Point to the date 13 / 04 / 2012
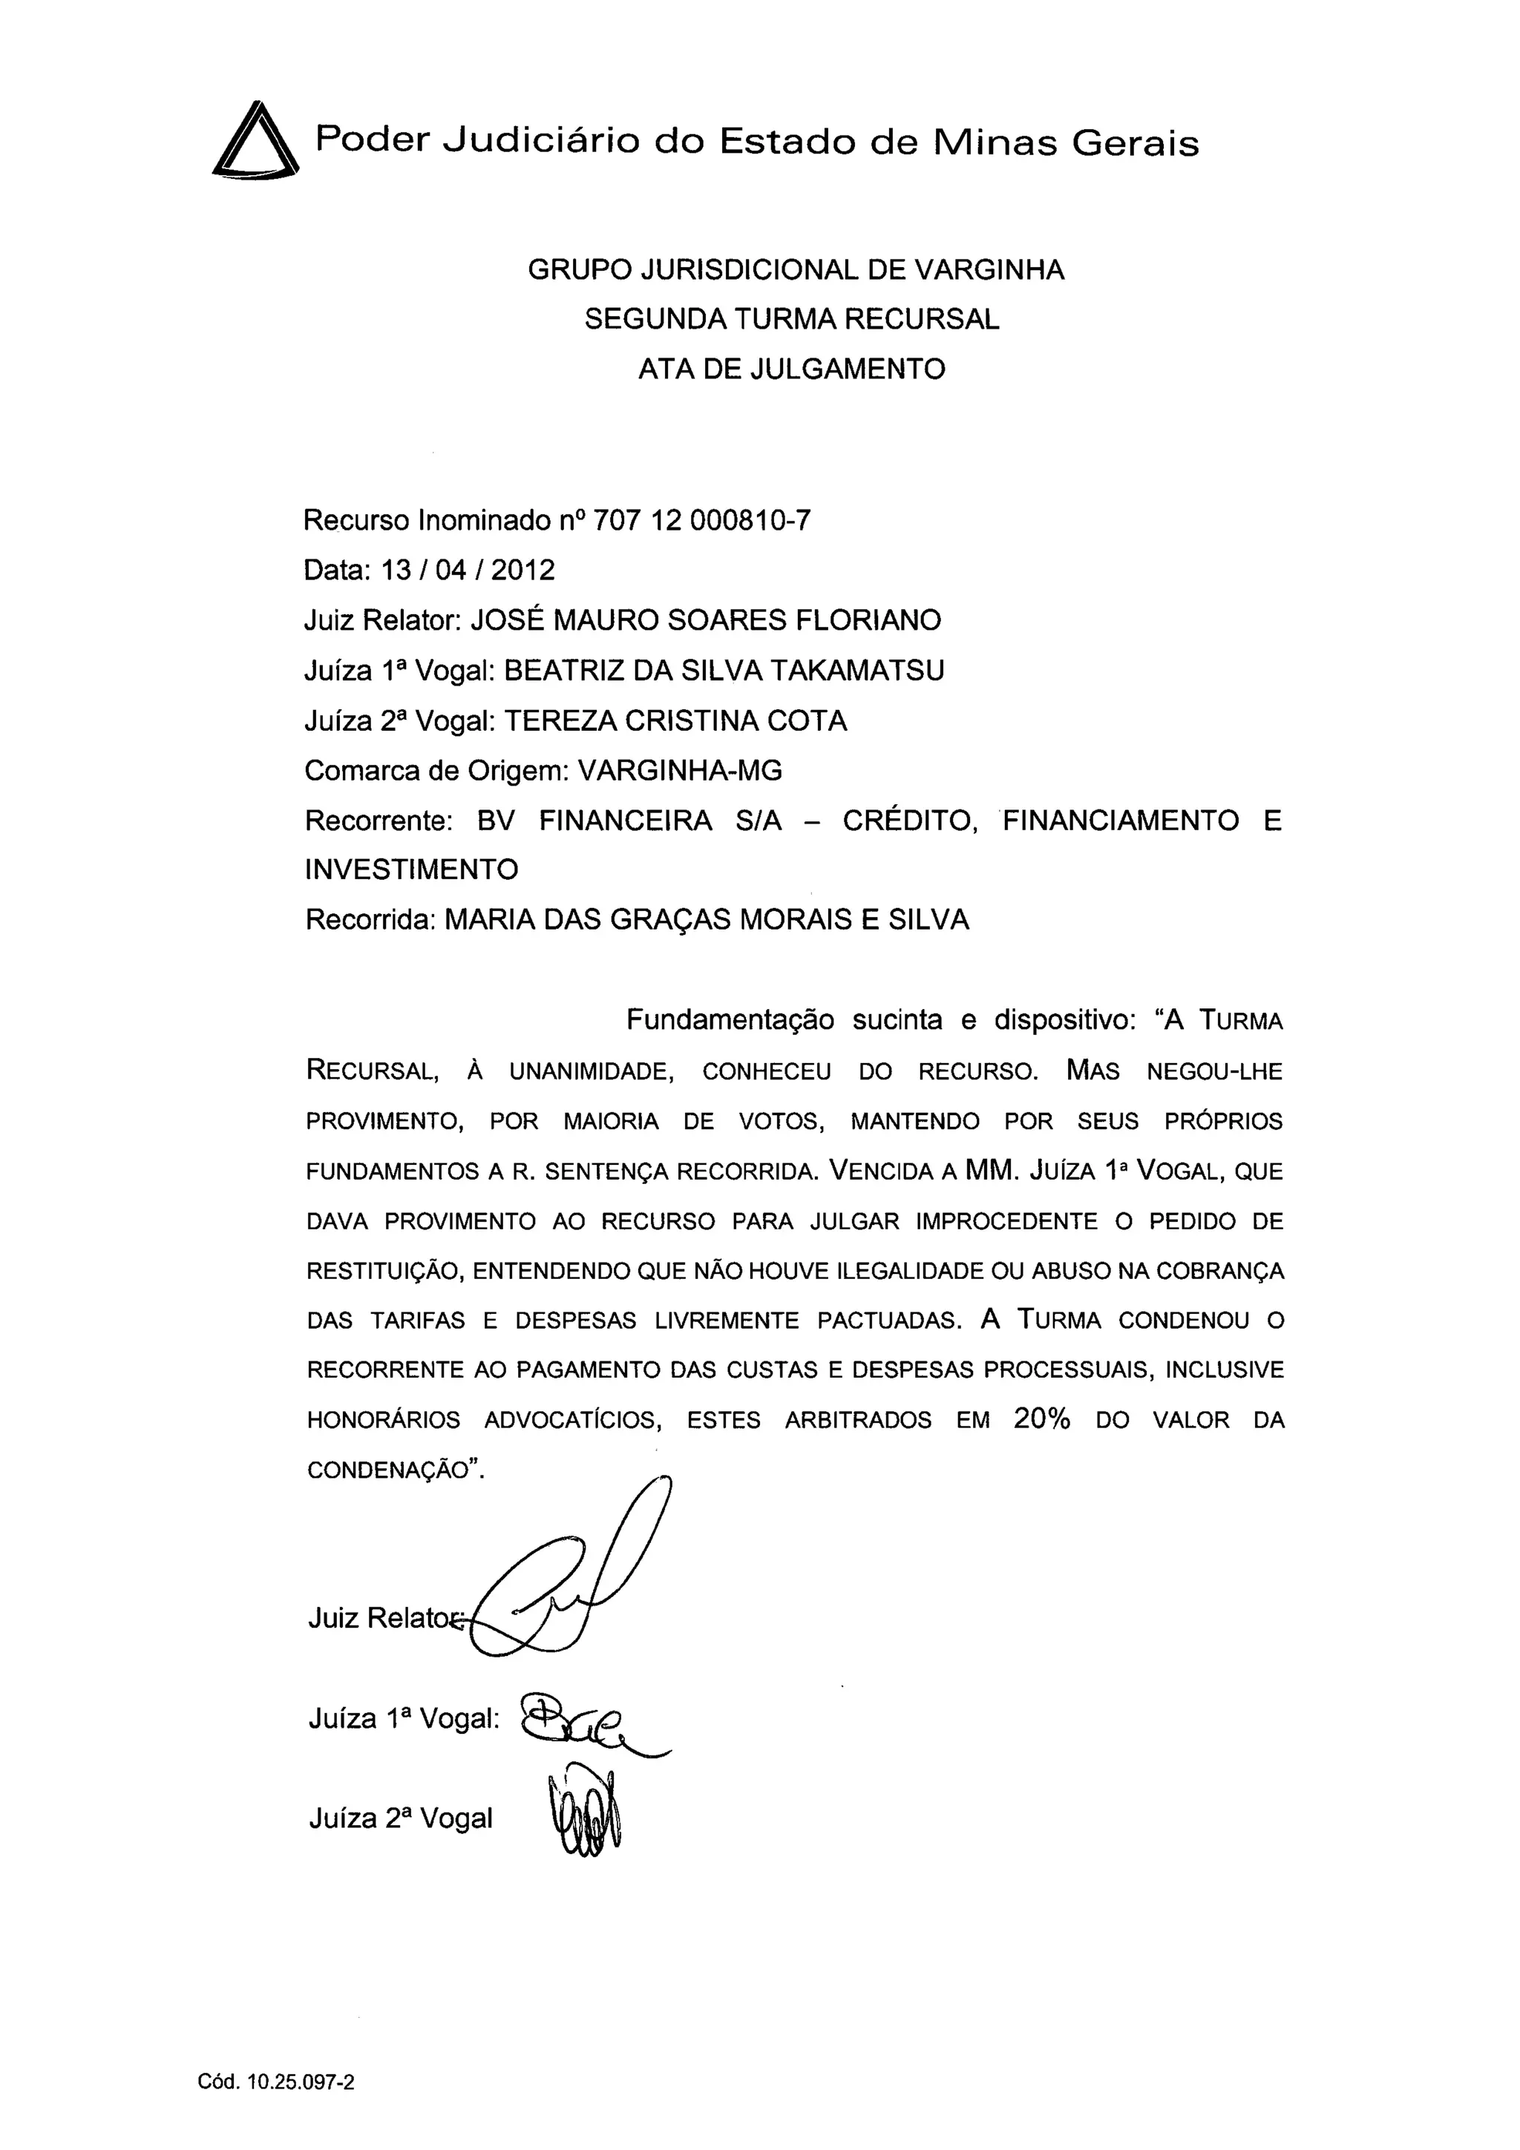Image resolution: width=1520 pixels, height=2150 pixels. coord(468,571)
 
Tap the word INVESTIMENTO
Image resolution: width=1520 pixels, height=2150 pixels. coord(411,870)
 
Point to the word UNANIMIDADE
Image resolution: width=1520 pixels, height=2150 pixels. coord(592,1071)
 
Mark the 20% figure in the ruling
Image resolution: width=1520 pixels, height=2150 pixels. coord(1041,1419)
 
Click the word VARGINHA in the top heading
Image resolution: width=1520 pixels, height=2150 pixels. coord(989,270)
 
